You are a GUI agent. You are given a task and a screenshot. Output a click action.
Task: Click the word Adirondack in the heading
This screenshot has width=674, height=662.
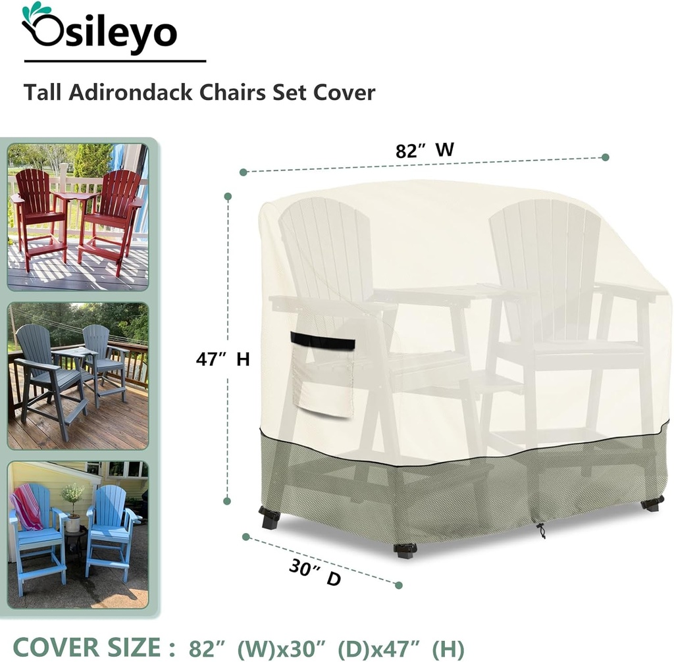[x=128, y=91]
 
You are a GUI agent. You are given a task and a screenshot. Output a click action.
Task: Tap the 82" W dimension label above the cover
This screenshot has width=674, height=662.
[x=425, y=150]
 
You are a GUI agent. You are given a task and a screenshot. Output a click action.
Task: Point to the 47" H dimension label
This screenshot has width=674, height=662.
[x=222, y=359]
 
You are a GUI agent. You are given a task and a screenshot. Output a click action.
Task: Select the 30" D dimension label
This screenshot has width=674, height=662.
[x=315, y=573]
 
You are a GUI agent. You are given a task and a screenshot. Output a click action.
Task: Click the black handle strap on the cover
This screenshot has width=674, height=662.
[x=323, y=341]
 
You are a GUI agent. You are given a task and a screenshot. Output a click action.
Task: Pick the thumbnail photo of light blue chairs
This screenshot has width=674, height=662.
[x=78, y=534]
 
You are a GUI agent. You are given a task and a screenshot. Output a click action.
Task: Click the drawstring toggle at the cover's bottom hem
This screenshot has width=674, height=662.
[x=540, y=530]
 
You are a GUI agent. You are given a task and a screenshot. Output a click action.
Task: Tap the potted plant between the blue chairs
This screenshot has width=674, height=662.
[x=72, y=507]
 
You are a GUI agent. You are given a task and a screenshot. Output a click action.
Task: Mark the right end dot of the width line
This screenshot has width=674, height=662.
[x=606, y=157]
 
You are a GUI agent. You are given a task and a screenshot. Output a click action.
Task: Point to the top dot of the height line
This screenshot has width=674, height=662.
[x=228, y=196]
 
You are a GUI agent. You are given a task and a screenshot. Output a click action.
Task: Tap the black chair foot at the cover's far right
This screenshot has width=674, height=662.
[x=652, y=504]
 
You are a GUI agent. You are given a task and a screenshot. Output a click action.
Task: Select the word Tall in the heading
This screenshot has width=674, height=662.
[x=41, y=91]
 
